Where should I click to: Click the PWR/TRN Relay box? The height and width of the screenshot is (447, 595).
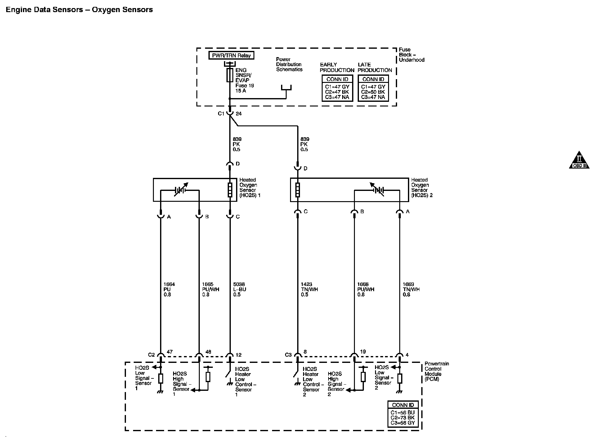tap(231, 56)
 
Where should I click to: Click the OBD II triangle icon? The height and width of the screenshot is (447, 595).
tap(579, 160)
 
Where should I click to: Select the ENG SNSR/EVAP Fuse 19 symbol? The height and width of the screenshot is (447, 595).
tap(230, 75)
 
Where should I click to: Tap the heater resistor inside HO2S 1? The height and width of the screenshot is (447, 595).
tap(230, 190)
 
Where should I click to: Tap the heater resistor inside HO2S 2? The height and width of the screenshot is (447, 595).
tap(297, 190)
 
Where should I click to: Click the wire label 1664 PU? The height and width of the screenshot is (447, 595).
tap(169, 289)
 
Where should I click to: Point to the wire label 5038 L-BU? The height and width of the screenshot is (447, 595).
tap(239, 289)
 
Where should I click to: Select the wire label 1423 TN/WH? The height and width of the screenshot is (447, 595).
tap(309, 289)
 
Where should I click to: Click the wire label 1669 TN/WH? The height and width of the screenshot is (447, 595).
tap(411, 289)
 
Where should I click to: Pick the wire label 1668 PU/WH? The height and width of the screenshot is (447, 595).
tap(365, 289)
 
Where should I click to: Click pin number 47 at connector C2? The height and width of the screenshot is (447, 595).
tap(169, 352)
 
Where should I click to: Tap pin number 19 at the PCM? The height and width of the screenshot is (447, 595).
tap(363, 352)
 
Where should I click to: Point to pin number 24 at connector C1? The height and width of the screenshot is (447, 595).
tap(239, 114)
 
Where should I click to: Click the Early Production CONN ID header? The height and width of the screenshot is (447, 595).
tap(337, 79)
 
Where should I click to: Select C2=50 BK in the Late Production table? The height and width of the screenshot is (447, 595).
tap(373, 92)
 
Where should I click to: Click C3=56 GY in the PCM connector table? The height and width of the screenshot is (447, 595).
tap(403, 422)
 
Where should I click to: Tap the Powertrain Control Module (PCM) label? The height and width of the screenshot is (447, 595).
tap(436, 371)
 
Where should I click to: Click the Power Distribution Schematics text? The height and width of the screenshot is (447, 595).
tap(289, 64)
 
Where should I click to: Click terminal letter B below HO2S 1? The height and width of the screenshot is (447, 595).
tap(207, 217)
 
